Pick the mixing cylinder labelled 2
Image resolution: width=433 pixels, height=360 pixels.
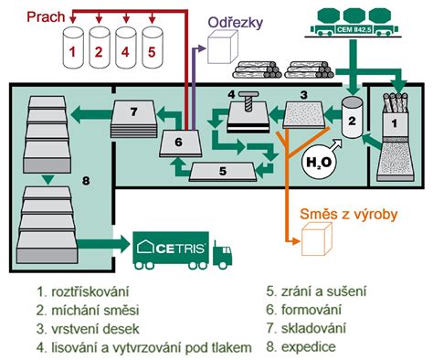tap(351, 120)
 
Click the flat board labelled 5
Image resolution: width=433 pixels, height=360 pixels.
tap(222, 170)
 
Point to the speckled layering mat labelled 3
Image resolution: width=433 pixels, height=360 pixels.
tap(301, 114)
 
